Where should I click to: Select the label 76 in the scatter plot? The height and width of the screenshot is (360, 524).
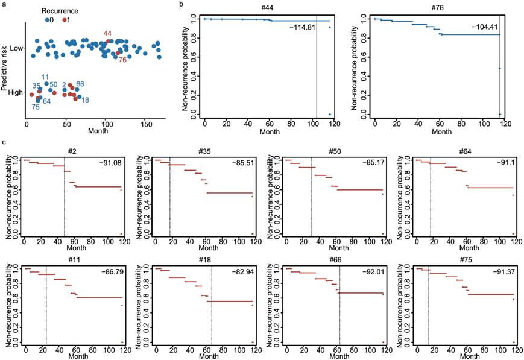122,60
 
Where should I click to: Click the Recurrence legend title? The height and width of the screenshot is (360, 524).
63,11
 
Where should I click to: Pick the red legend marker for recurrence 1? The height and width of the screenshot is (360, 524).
65,20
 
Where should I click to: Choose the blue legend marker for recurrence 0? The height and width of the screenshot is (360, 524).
48,20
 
